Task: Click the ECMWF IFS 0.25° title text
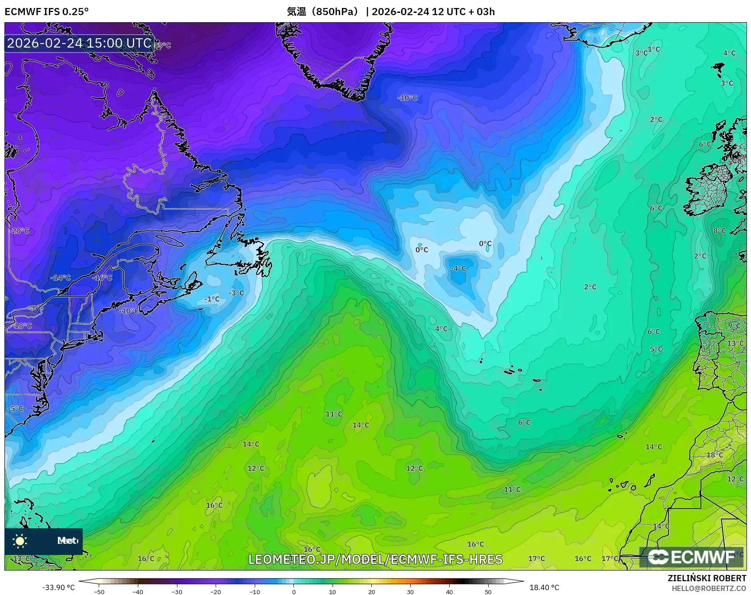(47, 12)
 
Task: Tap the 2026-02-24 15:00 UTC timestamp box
(79, 43)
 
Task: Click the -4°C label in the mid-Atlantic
(458, 269)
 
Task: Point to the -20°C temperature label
(20, 231)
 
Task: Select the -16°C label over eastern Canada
(102, 278)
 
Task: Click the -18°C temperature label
(22, 326)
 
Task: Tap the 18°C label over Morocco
(715, 455)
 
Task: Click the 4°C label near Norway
(729, 53)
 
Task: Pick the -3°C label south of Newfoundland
(236, 293)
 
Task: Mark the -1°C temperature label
(212, 299)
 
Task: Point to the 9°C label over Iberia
(734, 326)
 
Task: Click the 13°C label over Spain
(735, 343)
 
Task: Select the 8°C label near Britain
(719, 231)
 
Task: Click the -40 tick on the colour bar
(138, 591)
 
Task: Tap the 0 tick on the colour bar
(293, 591)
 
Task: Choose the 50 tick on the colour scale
(488, 591)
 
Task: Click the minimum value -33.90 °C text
(59, 587)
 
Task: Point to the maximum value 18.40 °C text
(544, 587)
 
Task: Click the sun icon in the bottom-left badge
(20, 541)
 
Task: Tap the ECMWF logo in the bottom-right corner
(691, 557)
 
